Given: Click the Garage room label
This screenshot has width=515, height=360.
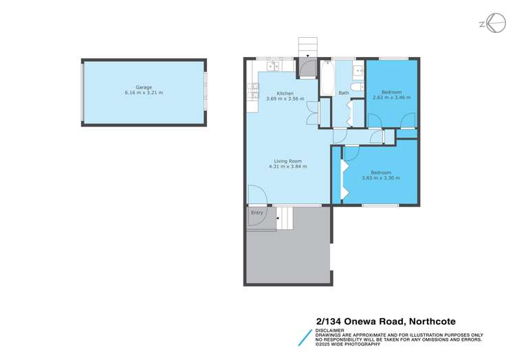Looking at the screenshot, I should [x=143, y=87].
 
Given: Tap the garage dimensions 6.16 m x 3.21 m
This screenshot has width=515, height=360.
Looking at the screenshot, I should [x=143, y=93].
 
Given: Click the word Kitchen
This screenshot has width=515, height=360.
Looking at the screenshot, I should [x=285, y=93].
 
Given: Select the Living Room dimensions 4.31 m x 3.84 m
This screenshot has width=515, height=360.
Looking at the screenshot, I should [x=287, y=166].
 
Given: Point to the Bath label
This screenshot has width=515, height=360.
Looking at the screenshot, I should [x=343, y=93].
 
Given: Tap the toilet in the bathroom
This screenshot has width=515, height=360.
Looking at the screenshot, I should [x=356, y=87].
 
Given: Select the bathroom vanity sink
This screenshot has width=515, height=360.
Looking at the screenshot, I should [x=358, y=69].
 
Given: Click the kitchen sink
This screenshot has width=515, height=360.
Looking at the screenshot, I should [x=273, y=67].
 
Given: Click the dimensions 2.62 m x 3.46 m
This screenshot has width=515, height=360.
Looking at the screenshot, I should [x=391, y=98].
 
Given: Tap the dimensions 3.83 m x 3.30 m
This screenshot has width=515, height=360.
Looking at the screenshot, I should [x=380, y=178].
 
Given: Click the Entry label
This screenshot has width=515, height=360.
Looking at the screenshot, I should [x=256, y=213].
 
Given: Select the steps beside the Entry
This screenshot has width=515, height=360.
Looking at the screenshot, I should [x=285, y=218].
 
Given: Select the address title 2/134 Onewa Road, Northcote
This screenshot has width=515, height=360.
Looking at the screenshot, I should [x=385, y=321].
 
